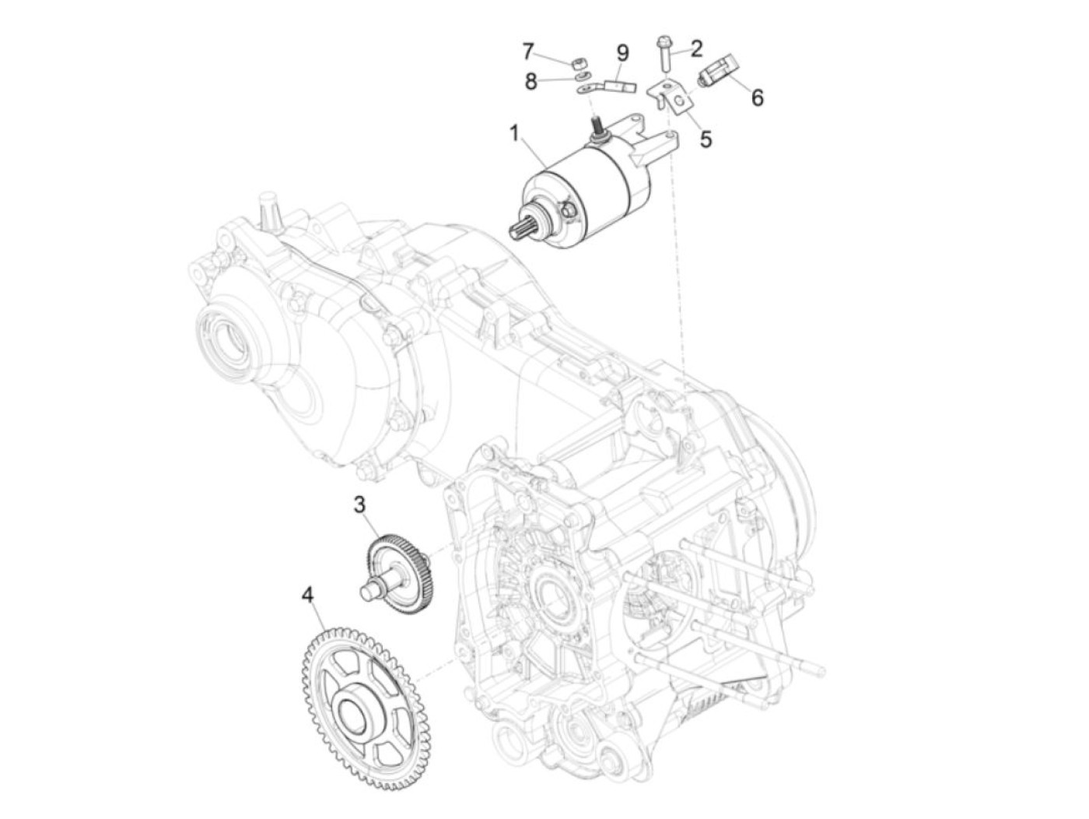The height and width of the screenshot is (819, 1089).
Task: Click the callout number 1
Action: (514, 134)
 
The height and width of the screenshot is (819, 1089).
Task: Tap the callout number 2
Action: (696, 48)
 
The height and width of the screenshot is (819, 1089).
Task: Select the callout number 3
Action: (359, 504)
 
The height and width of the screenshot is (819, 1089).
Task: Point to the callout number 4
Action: (308, 596)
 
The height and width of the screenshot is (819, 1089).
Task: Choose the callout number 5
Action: (706, 139)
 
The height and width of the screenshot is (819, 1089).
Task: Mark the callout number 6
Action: (757, 97)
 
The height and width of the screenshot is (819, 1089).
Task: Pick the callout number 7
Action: (528, 52)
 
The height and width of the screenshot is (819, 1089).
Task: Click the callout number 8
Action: (531, 80)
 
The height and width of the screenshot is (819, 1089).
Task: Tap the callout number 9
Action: (622, 53)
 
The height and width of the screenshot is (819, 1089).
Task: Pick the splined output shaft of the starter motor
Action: (520, 230)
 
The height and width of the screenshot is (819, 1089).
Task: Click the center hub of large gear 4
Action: (357, 708)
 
